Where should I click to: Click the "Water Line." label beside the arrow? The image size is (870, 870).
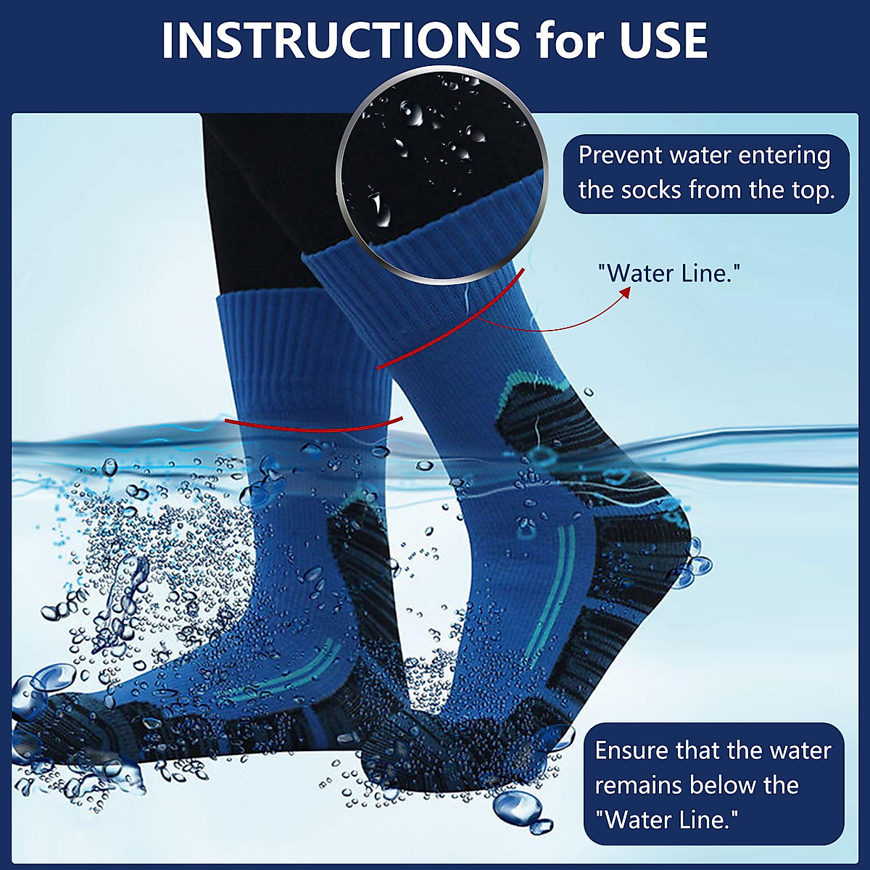point(668,273)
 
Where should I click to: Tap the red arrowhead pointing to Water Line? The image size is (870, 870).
point(624,291)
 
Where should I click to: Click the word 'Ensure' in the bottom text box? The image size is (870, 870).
point(631,750)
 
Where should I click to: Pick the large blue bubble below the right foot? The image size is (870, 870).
point(518,805)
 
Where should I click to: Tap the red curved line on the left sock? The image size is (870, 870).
point(312,426)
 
